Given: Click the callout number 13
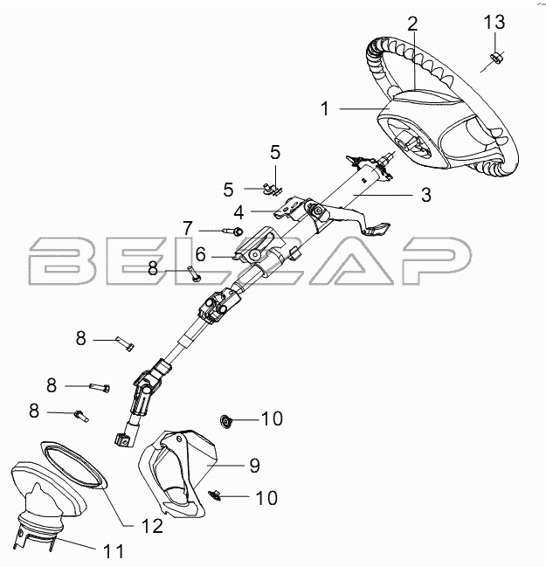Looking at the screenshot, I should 494,21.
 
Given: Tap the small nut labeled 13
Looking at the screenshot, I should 494,59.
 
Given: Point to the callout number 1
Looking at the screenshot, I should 324,109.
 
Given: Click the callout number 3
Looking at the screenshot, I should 425,196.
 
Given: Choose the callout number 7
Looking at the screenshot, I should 187,229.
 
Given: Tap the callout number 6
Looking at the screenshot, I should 199,255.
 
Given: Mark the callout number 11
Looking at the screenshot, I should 114,551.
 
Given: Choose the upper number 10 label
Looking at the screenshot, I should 271,419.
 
